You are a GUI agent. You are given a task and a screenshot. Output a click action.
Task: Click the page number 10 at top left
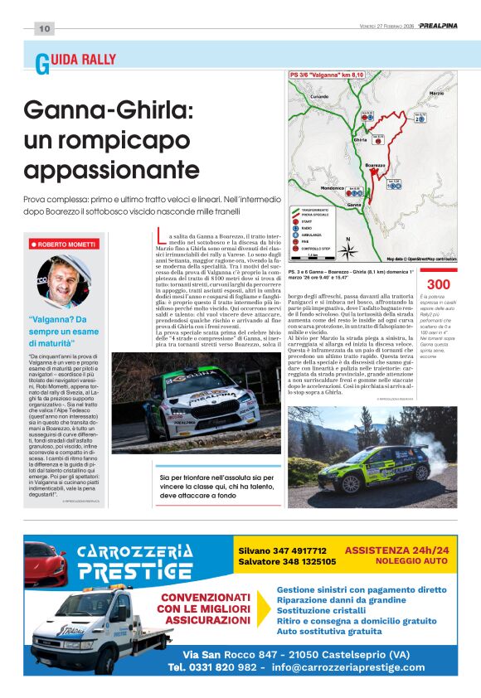[x=44, y=29]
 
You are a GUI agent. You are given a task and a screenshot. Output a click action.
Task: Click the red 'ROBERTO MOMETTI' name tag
[x=65, y=245]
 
